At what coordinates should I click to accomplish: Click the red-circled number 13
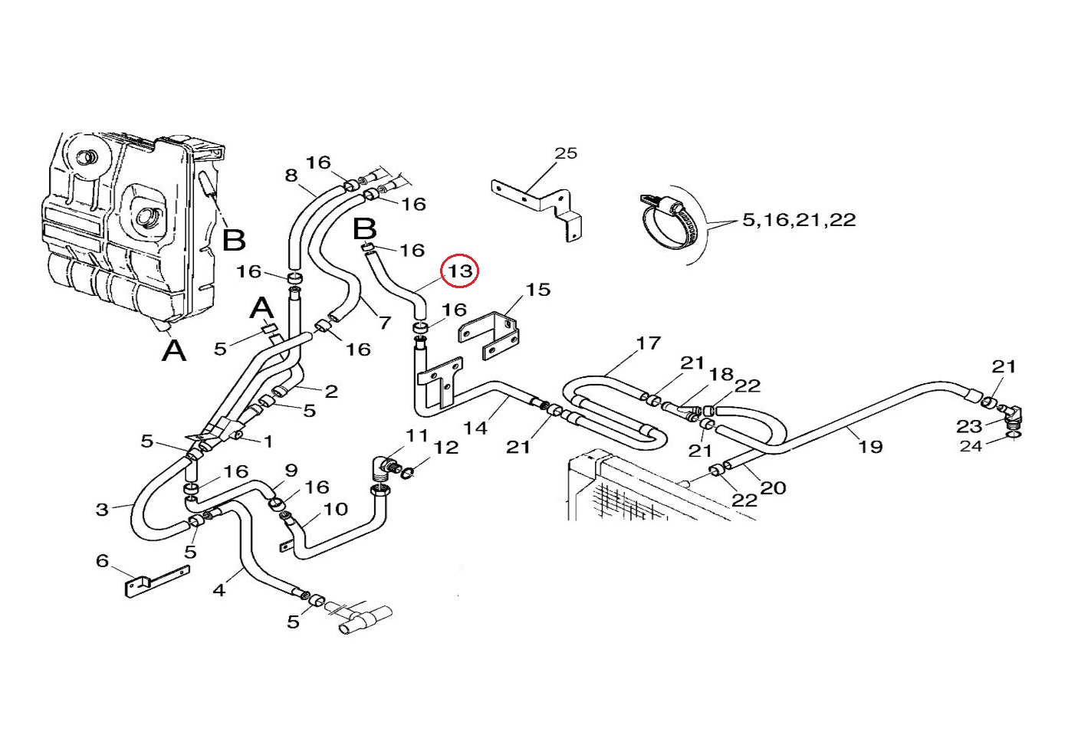click(459, 271)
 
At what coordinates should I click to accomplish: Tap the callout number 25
click(566, 153)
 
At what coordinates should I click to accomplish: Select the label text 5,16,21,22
click(799, 220)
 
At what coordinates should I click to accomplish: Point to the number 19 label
click(870, 447)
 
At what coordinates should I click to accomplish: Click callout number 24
click(971, 446)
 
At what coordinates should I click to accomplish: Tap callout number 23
click(969, 426)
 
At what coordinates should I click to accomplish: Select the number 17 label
click(649, 343)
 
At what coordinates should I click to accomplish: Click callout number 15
click(538, 290)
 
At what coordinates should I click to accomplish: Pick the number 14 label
click(475, 428)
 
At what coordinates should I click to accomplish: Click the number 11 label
click(417, 435)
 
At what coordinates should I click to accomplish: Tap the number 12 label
click(445, 447)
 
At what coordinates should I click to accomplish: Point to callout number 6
click(103, 561)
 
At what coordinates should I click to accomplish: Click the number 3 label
click(102, 509)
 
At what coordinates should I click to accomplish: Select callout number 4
click(219, 590)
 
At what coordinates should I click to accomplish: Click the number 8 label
click(291, 176)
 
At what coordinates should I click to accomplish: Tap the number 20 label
click(773, 487)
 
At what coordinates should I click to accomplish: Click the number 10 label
click(336, 509)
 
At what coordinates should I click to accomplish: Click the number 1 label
click(268, 441)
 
